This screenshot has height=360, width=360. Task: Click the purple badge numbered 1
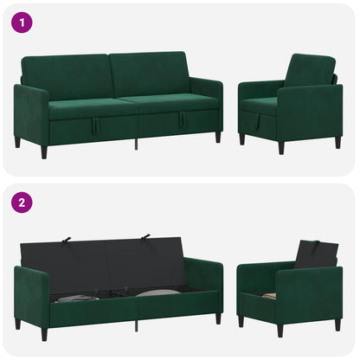[22, 22]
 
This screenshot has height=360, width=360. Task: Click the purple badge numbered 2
[22, 202]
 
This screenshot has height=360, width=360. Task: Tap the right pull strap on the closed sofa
[182, 119]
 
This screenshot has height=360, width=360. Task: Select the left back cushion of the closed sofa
[68, 76]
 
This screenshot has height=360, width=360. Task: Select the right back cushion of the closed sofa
[149, 74]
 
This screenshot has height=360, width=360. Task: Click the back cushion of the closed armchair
[310, 70]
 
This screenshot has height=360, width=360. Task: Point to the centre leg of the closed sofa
[136, 145]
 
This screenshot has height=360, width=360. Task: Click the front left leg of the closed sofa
[44, 152]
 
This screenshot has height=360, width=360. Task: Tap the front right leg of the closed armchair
[281, 148]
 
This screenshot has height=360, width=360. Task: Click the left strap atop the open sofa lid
[67, 240]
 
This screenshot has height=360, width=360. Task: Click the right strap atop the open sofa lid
[145, 237]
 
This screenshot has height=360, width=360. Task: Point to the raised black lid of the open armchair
[317, 254]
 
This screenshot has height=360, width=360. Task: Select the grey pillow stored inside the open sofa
[157, 292]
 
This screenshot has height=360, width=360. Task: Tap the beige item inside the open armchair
[269, 296]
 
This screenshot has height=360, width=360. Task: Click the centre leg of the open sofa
[136, 326]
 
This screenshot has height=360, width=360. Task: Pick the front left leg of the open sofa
[44, 334]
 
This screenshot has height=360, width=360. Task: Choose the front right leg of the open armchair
[280, 331]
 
